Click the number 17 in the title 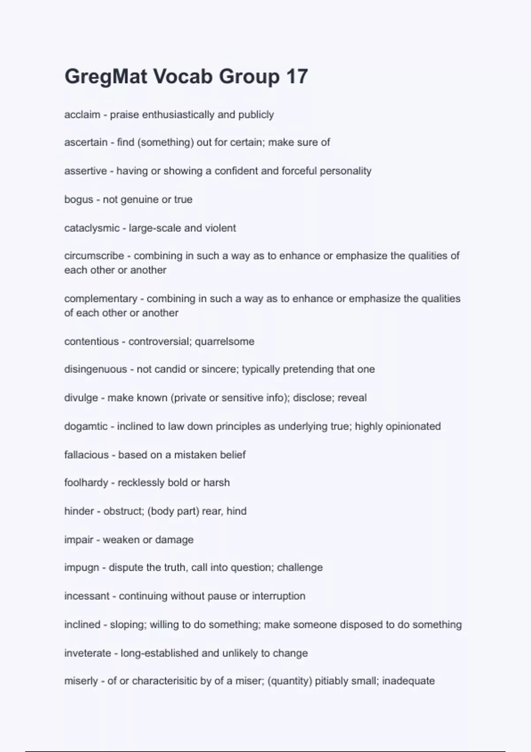(x=296, y=77)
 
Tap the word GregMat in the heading (x=106, y=77)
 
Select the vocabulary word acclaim (x=82, y=115)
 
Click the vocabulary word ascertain (x=86, y=142)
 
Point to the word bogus (x=79, y=200)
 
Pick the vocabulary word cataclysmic (x=92, y=228)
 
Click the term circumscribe (x=94, y=256)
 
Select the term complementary (x=101, y=299)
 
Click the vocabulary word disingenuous (x=96, y=369)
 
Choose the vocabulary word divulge (x=81, y=398)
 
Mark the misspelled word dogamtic (x=86, y=426)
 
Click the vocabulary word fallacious (x=86, y=455)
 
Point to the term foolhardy (x=86, y=483)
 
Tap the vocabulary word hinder (x=79, y=511)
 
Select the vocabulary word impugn (x=81, y=568)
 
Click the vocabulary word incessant (x=87, y=596)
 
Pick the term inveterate (x=88, y=653)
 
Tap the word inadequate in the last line (x=408, y=681)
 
